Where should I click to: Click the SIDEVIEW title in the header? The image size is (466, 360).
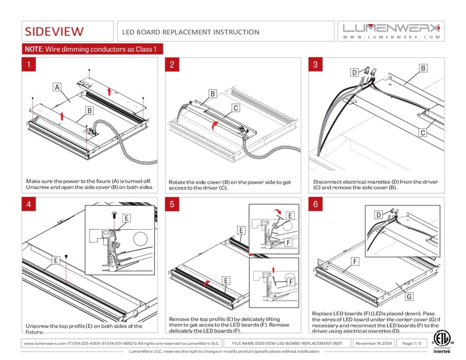click(54, 31)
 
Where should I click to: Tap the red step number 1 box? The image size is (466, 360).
click(29, 64)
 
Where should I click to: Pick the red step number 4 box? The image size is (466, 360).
click(29, 204)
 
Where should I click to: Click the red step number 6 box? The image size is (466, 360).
click(315, 204)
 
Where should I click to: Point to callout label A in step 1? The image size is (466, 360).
click(57, 86)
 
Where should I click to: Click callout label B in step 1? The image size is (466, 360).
click(90, 110)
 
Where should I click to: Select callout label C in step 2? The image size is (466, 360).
click(235, 108)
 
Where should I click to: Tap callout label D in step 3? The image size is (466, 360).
click(354, 72)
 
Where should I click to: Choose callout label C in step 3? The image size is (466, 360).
click(423, 133)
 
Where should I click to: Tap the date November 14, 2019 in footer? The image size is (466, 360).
click(374, 343)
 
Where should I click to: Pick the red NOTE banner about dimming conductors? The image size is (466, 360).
click(92, 49)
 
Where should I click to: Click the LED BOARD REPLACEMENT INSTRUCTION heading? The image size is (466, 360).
click(191, 32)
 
